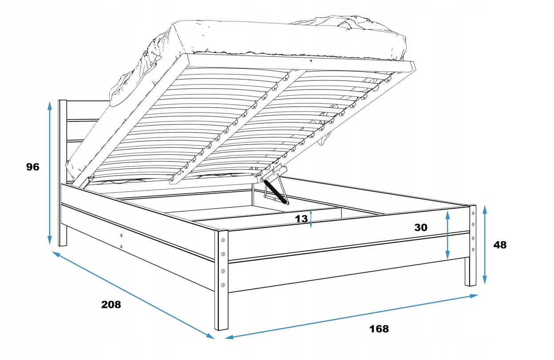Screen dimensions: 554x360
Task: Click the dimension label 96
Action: (32, 167)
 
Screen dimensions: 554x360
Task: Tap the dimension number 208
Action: (111, 304)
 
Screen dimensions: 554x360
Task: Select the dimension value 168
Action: (379, 329)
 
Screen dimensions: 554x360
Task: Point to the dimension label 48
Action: (500, 245)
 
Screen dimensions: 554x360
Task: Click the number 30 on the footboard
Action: (421, 227)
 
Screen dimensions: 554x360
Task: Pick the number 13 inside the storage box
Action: (301, 218)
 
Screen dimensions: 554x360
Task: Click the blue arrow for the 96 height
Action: (50, 173)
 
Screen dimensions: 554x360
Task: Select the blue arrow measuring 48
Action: (485, 245)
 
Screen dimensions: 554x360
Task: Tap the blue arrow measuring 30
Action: (447, 235)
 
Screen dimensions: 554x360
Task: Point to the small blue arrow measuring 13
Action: (311, 219)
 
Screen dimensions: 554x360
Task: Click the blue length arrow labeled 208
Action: (133, 295)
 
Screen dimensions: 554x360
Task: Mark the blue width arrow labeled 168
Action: (351, 316)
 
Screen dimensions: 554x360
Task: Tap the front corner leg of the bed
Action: (221, 280)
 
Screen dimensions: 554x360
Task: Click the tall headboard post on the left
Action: (62, 173)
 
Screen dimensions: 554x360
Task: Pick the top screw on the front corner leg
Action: (223, 240)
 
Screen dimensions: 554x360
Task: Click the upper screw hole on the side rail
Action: (121, 235)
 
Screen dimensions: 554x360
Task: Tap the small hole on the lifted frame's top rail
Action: (311, 61)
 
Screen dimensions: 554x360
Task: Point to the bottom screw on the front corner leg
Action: (223, 285)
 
